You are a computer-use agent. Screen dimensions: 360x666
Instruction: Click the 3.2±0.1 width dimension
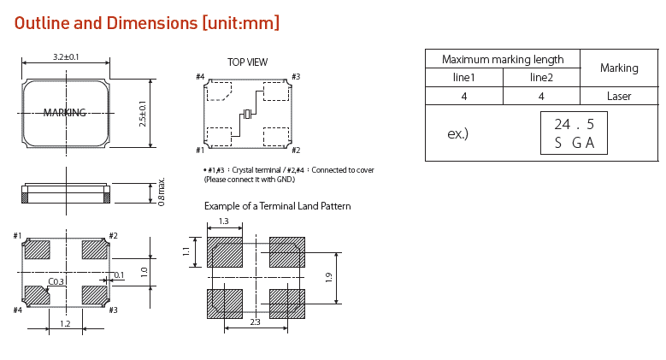[x=66, y=56]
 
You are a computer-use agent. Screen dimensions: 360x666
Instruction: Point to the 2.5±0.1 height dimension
[x=143, y=113]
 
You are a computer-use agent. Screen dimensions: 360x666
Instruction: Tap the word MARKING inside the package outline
[x=65, y=112]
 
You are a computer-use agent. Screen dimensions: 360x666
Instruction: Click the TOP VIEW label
[x=247, y=62]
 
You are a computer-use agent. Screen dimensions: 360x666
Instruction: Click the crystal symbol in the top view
[x=248, y=115]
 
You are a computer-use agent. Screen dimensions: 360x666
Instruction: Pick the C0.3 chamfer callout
[x=56, y=281]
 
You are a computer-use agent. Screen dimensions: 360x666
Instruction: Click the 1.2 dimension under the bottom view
[x=65, y=324]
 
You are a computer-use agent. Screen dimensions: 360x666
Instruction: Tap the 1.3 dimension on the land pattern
[x=223, y=221]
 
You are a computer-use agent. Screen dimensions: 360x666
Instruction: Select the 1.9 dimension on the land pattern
[x=328, y=277]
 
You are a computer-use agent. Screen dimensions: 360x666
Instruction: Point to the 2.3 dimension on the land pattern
[x=255, y=322]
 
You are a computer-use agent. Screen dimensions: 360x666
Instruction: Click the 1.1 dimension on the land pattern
[x=186, y=251]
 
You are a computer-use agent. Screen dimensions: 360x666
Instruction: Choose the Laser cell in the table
[x=619, y=96]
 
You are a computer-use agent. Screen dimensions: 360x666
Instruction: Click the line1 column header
[x=463, y=77]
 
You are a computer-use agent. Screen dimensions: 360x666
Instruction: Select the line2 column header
[x=541, y=77]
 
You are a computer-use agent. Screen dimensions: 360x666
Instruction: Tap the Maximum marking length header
[x=503, y=59]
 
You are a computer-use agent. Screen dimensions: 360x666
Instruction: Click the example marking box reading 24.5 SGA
[x=574, y=133]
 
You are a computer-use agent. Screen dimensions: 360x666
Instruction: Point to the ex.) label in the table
[x=458, y=134]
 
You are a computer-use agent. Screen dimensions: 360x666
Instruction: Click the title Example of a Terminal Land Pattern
[x=277, y=206]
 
